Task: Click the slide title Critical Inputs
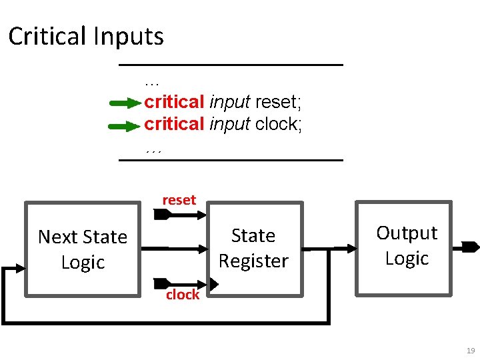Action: pyautogui.click(x=86, y=36)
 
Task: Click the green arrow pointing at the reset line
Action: pyautogui.click(x=125, y=103)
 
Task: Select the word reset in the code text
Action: pyautogui.click(x=278, y=102)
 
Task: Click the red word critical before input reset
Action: pyautogui.click(x=174, y=102)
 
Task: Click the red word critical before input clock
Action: pyautogui.click(x=174, y=124)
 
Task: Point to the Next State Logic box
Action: pyautogui.click(x=83, y=249)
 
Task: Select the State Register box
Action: pyautogui.click(x=253, y=248)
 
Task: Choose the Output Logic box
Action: pyautogui.click(x=406, y=246)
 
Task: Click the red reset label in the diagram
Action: pyautogui.click(x=179, y=200)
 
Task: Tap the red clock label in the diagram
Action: pyautogui.click(x=182, y=295)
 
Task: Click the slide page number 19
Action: pyautogui.click(x=471, y=351)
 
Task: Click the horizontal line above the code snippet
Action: pyautogui.click(x=231, y=65)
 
